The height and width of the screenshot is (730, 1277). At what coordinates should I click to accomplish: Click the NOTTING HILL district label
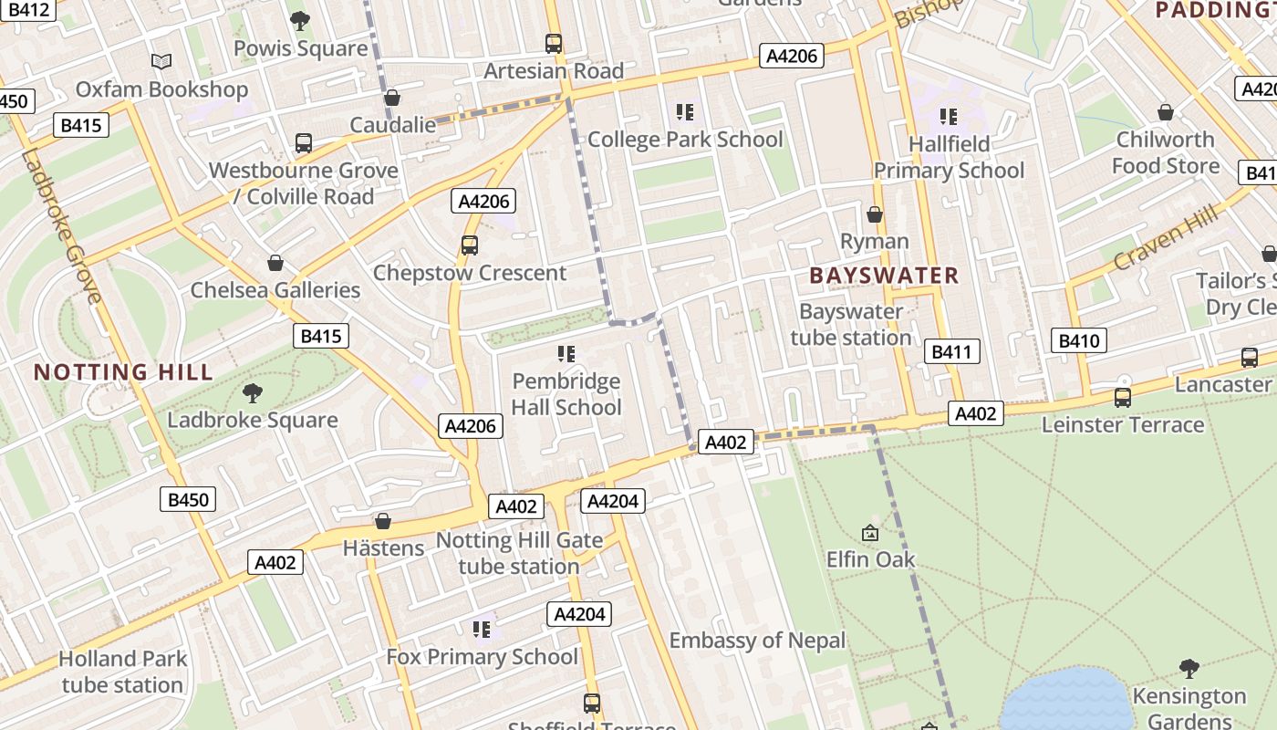(x=123, y=372)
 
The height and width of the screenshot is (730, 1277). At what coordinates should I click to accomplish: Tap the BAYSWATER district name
(x=884, y=276)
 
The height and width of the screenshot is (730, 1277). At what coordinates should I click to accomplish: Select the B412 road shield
(x=27, y=10)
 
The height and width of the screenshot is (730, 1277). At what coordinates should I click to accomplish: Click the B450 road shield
(x=189, y=499)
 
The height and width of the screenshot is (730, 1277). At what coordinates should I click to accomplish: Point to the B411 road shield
(x=952, y=351)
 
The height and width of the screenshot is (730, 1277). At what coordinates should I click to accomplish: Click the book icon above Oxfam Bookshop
(x=161, y=61)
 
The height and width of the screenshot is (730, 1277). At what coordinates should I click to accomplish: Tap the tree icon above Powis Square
(x=299, y=20)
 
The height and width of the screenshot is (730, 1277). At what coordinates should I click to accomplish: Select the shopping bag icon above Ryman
(x=874, y=214)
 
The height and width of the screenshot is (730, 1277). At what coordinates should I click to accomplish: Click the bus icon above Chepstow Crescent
(x=470, y=245)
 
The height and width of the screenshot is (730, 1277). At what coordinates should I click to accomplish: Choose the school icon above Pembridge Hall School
(x=566, y=353)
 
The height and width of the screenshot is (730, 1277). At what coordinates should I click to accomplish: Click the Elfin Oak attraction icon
(x=870, y=532)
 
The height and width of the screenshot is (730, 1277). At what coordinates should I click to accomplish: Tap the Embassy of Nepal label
(x=757, y=641)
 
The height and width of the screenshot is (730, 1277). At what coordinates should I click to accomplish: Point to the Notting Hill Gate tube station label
(x=519, y=553)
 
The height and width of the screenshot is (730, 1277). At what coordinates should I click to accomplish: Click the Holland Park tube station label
(x=122, y=672)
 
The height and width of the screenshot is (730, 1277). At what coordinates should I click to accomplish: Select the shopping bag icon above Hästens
(x=383, y=521)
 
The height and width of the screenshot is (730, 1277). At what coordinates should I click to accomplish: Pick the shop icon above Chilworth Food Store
(x=1165, y=112)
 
